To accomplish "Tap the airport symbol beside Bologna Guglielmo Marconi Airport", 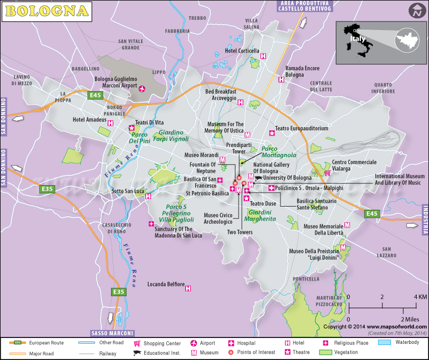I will [x=142, y=89].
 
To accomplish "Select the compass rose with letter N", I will [x=416, y=10].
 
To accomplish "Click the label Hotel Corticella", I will [x=241, y=51].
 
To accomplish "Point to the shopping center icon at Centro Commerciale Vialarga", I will [x=327, y=173].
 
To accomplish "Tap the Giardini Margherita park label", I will [x=260, y=215].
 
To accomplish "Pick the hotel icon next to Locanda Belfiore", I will [x=188, y=288].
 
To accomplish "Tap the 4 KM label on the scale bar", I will [x=419, y=297].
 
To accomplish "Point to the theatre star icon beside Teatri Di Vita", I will [x=131, y=128].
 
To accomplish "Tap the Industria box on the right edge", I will [x=425, y=220].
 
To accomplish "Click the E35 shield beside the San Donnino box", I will [x=47, y=189].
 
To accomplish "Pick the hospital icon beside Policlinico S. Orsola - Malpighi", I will [x=271, y=188].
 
